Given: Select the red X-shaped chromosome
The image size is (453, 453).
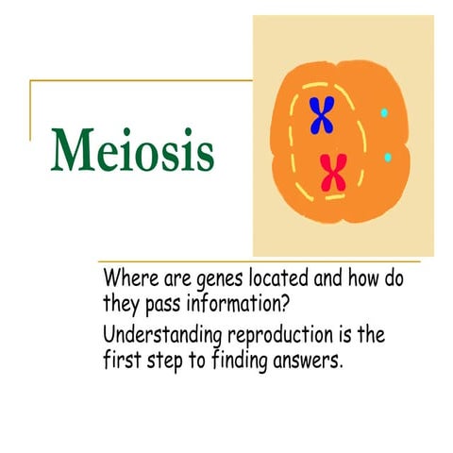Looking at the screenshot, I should point(332,172).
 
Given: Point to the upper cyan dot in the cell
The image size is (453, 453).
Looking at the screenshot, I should point(384,113).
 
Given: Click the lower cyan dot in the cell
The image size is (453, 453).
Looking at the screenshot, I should point(387,157).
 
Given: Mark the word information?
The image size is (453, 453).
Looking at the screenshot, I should point(255,305).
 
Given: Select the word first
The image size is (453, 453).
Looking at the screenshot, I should point(123,360).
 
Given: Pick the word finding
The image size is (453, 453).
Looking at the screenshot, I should point(248,361).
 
